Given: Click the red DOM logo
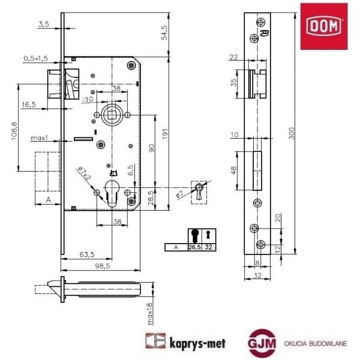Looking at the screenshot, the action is (324, 26).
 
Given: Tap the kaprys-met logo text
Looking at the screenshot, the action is (197, 344).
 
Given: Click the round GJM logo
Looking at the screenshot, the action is (262, 343).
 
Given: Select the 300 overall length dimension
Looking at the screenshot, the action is (291, 133).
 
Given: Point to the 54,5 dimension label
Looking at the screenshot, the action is (164, 33).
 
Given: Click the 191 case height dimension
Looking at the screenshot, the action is (165, 134).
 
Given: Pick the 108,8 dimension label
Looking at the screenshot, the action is (14, 131).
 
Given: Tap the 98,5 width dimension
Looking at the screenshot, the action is (103, 266).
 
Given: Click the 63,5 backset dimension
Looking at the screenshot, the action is (87, 254).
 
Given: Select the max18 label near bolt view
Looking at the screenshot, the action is (149, 314).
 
